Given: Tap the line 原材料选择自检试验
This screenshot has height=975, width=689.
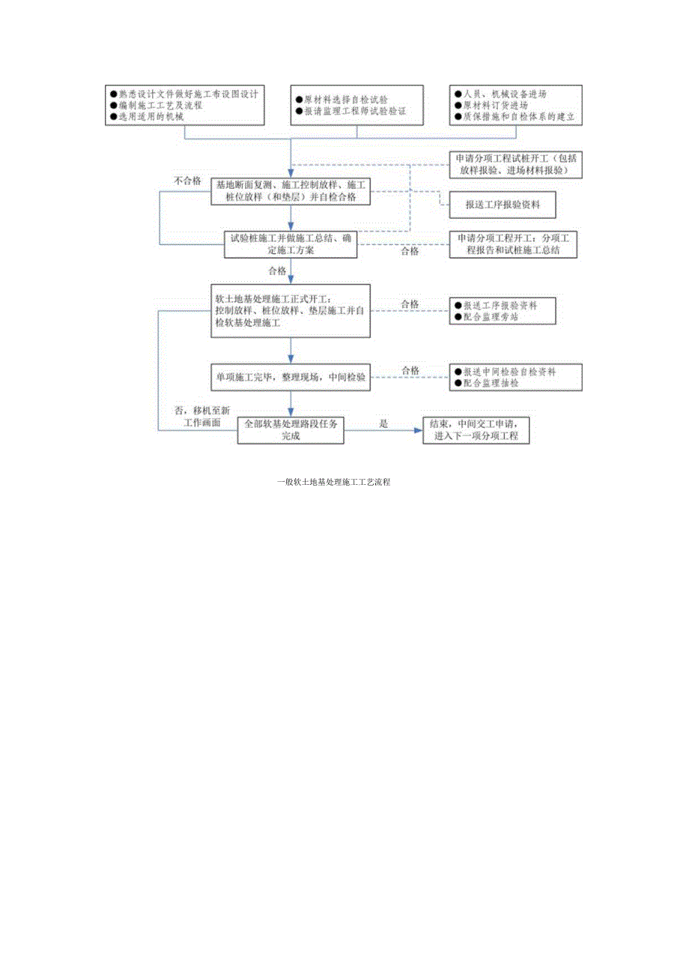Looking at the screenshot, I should click(341, 99).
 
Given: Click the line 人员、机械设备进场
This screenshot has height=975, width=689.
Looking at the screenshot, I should click(500, 94).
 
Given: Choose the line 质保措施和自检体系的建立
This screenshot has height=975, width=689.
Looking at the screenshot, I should click(517, 117).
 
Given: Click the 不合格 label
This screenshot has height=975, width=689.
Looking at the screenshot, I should click(187, 181).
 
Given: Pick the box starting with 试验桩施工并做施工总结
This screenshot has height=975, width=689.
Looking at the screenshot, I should click(291, 244).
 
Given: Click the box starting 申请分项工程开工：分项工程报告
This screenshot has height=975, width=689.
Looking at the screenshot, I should click(515, 244).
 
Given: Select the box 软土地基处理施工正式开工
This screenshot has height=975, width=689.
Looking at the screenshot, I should click(291, 310).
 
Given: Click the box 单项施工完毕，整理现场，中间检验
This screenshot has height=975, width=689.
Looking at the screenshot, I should click(291, 378).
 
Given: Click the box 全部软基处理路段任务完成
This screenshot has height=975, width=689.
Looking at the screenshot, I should click(291, 429).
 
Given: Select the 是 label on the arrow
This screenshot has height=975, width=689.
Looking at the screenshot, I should click(383, 423).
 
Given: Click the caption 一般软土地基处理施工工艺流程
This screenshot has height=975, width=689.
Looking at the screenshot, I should click(334, 483).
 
